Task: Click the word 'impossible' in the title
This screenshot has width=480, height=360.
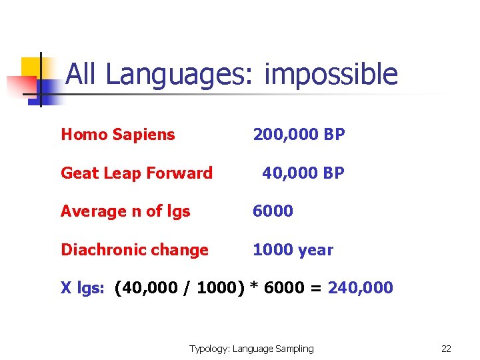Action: pyautogui.click(x=331, y=75)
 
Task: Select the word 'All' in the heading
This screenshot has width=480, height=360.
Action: pyautogui.click(x=82, y=74)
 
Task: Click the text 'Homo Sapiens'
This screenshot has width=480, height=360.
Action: pyautogui.click(x=117, y=135)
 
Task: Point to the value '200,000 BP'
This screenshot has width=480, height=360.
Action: pyautogui.click(x=299, y=135)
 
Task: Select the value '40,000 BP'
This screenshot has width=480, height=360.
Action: pyautogui.click(x=303, y=173)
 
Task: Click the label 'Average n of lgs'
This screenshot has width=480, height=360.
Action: pyautogui.click(x=125, y=211)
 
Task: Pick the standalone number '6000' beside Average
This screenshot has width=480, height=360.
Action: pyautogui.click(x=273, y=211)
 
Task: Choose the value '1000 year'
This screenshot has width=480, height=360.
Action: pyautogui.click(x=293, y=250)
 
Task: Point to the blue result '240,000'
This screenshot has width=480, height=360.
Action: pyautogui.click(x=361, y=288)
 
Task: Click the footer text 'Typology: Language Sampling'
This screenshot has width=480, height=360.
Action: pyautogui.click(x=251, y=348)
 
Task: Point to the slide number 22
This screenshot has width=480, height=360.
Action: pyautogui.click(x=446, y=348)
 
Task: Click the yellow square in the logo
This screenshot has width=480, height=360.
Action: pyautogui.click(x=32, y=67)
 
